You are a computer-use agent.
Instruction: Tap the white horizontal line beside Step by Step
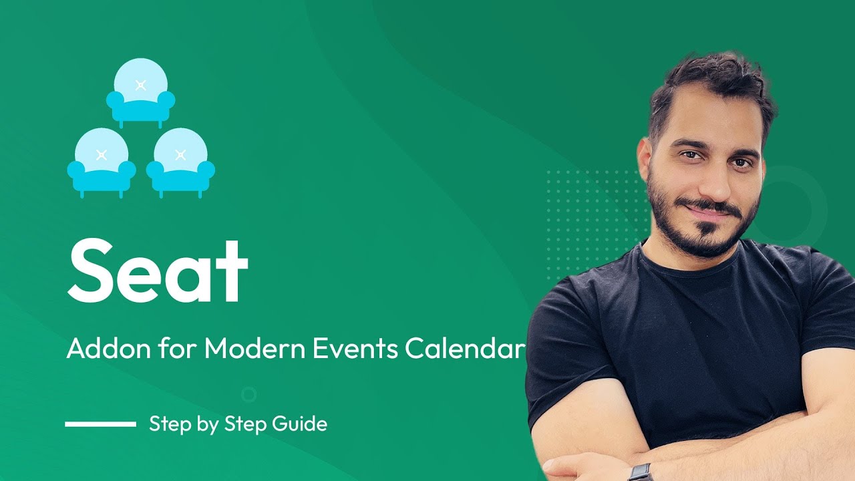point(100,424)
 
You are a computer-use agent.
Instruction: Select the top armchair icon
point(140,92)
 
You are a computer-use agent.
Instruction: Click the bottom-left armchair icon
point(102,162)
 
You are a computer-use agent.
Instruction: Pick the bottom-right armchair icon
point(180,162)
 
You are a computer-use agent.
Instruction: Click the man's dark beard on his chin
point(708,237)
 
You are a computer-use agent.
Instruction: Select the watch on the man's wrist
point(640,472)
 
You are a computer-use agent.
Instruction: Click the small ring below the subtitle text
point(248,394)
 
